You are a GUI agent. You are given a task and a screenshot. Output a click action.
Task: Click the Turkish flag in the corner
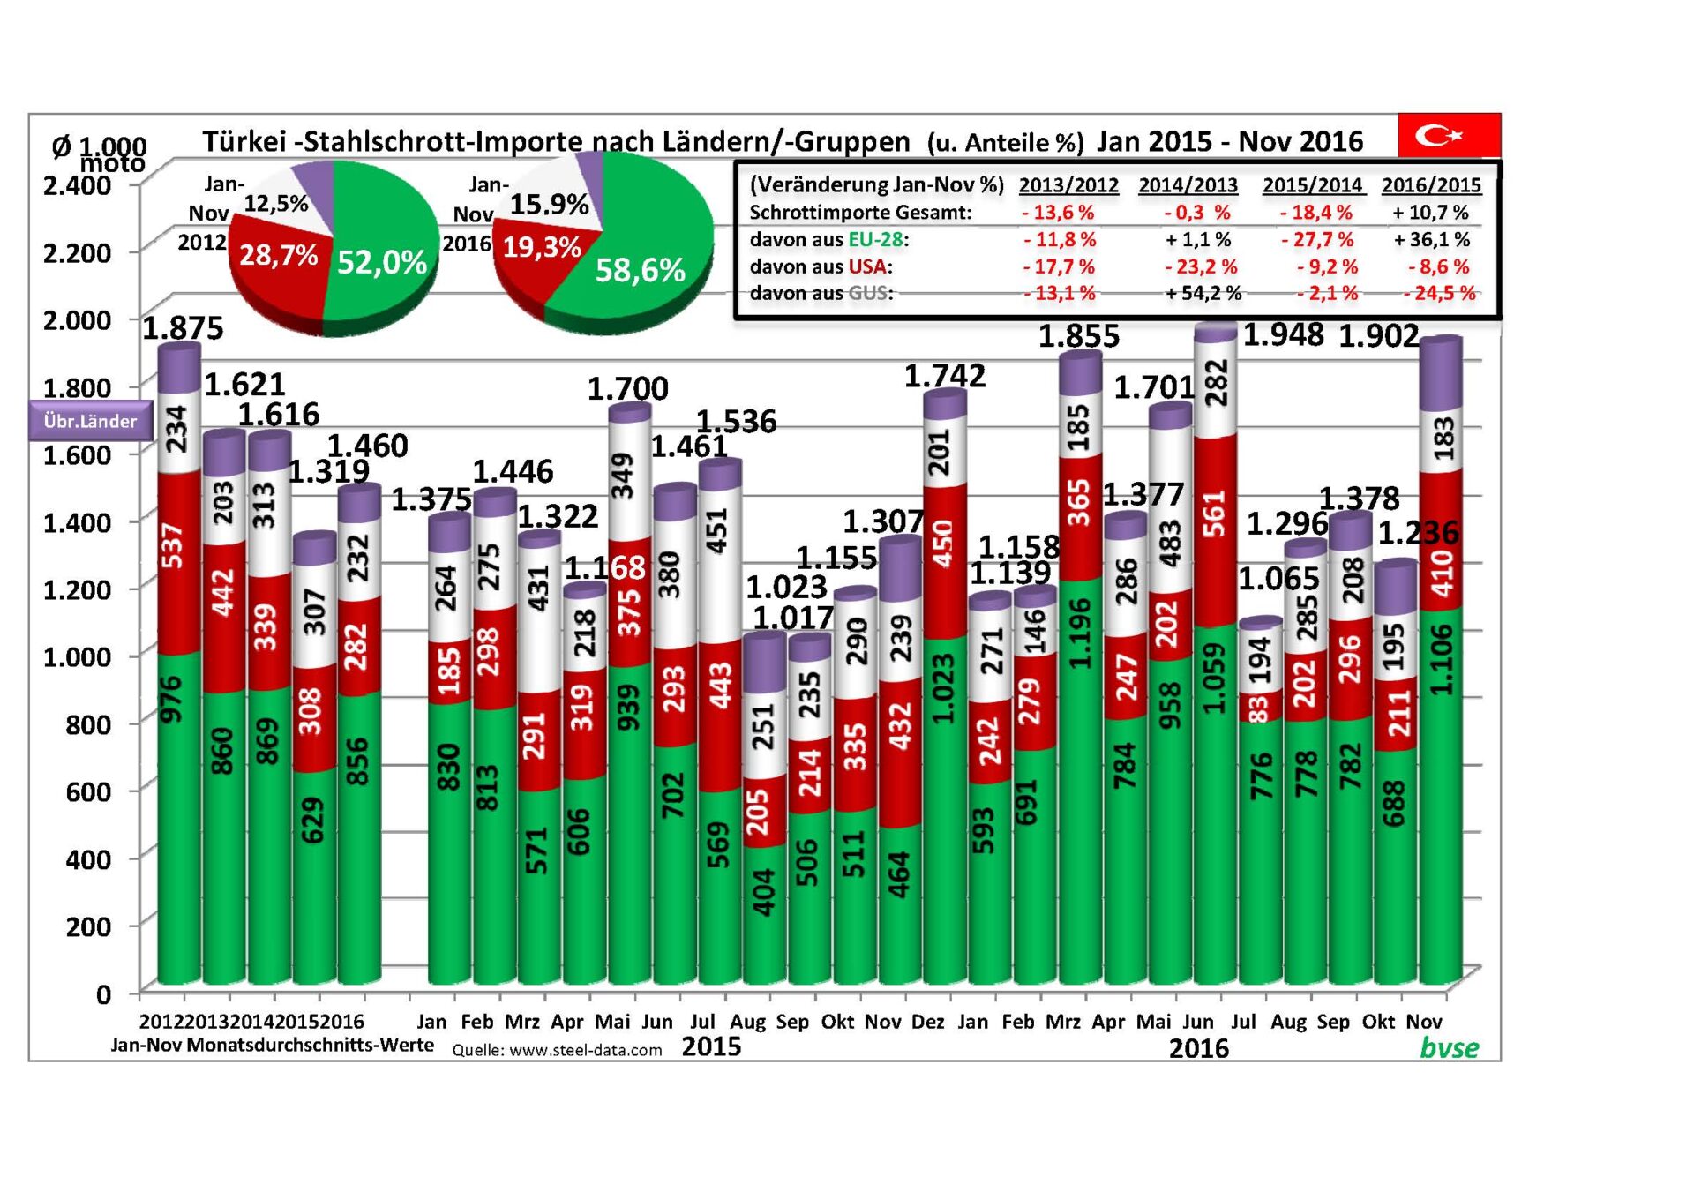pyautogui.click(x=1448, y=135)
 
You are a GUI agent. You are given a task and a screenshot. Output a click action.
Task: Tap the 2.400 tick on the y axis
pyautogui.click(x=78, y=185)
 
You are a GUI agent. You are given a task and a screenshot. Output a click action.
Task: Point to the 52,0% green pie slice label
pyautogui.click(x=381, y=262)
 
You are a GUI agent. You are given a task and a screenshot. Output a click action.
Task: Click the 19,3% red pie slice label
pyautogui.click(x=541, y=247)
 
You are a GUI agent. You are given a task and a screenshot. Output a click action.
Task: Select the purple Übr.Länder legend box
pyautogui.click(x=90, y=421)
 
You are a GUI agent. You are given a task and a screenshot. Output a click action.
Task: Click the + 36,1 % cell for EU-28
pyautogui.click(x=1431, y=240)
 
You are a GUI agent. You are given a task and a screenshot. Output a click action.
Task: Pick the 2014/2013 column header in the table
pyautogui.click(x=1188, y=185)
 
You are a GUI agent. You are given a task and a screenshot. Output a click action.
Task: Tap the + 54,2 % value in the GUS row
pyautogui.click(x=1203, y=293)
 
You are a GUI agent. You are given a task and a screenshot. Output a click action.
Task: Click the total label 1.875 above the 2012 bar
pyautogui.click(x=184, y=328)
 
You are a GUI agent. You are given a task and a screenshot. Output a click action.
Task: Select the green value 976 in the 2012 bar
pyautogui.click(x=172, y=700)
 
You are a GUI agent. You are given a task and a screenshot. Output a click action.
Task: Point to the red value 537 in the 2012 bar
pyautogui.click(x=173, y=544)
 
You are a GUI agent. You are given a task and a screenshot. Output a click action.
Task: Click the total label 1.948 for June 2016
pyautogui.click(x=1283, y=335)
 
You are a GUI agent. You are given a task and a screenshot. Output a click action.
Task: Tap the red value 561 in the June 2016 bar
pyautogui.click(x=1215, y=514)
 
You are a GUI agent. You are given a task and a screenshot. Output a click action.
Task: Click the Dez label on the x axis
pyautogui.click(x=927, y=1022)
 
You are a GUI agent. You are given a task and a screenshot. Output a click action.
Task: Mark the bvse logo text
pyautogui.click(x=1449, y=1047)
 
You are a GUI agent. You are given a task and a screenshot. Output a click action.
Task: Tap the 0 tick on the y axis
pyautogui.click(x=103, y=994)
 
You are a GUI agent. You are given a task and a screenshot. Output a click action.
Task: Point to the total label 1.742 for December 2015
pyautogui.click(x=944, y=376)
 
